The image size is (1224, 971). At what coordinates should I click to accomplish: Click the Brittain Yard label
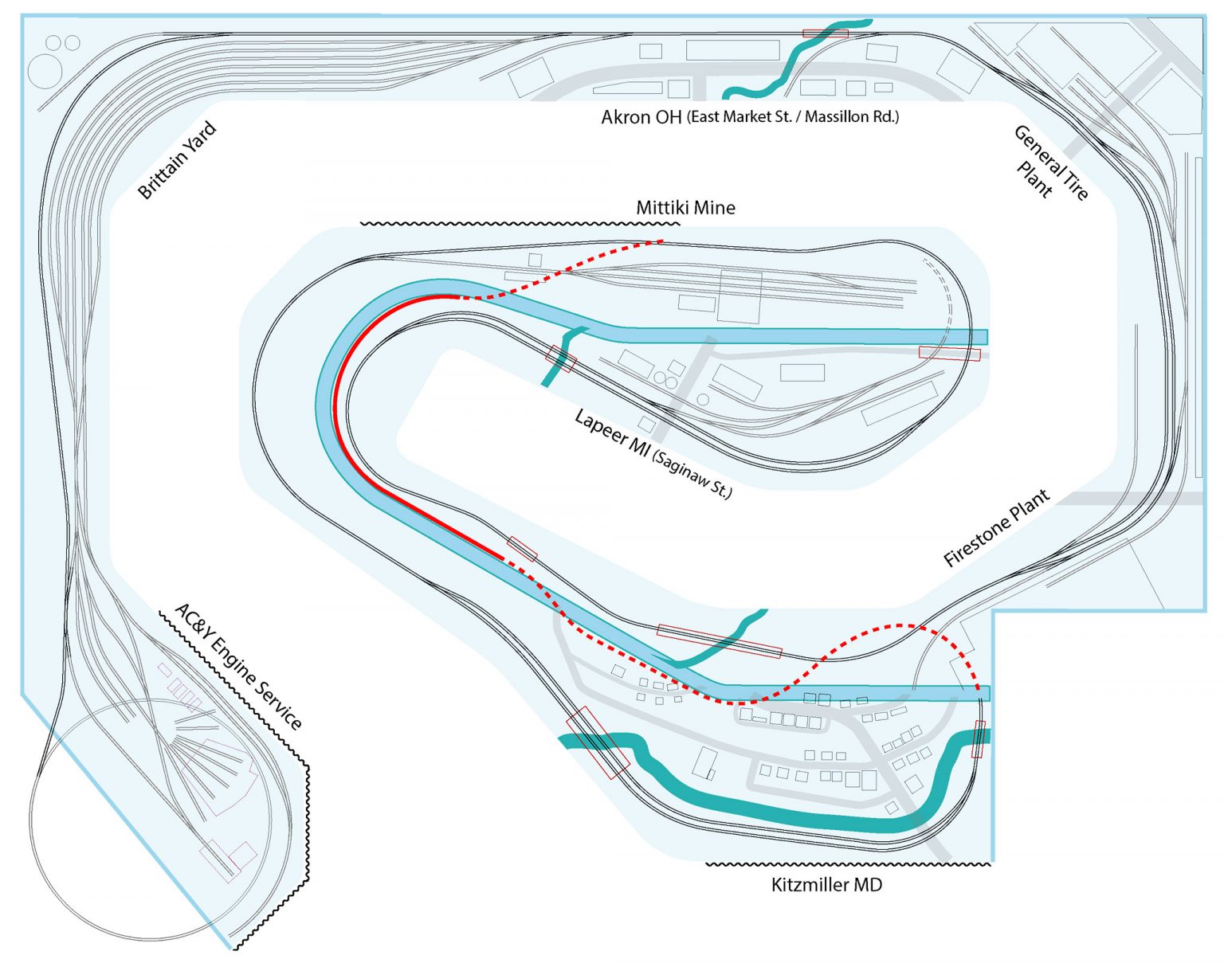point(177,160)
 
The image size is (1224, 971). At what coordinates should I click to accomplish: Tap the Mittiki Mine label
point(685,208)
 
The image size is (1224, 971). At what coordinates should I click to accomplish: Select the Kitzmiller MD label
point(826,885)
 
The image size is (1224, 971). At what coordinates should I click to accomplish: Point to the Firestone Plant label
point(996,528)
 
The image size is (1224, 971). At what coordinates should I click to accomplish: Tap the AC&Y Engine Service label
point(238,666)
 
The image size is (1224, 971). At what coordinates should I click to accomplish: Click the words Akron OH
point(641,117)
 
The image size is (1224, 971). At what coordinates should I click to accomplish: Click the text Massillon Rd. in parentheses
point(852,117)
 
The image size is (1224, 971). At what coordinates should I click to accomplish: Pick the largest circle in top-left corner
point(45,72)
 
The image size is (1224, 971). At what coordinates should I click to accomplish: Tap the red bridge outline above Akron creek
point(825,33)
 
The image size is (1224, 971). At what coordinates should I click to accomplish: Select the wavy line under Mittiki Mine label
point(518,224)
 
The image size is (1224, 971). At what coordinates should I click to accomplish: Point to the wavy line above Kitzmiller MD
point(848,863)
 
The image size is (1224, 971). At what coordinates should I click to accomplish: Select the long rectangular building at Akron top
point(732,50)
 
